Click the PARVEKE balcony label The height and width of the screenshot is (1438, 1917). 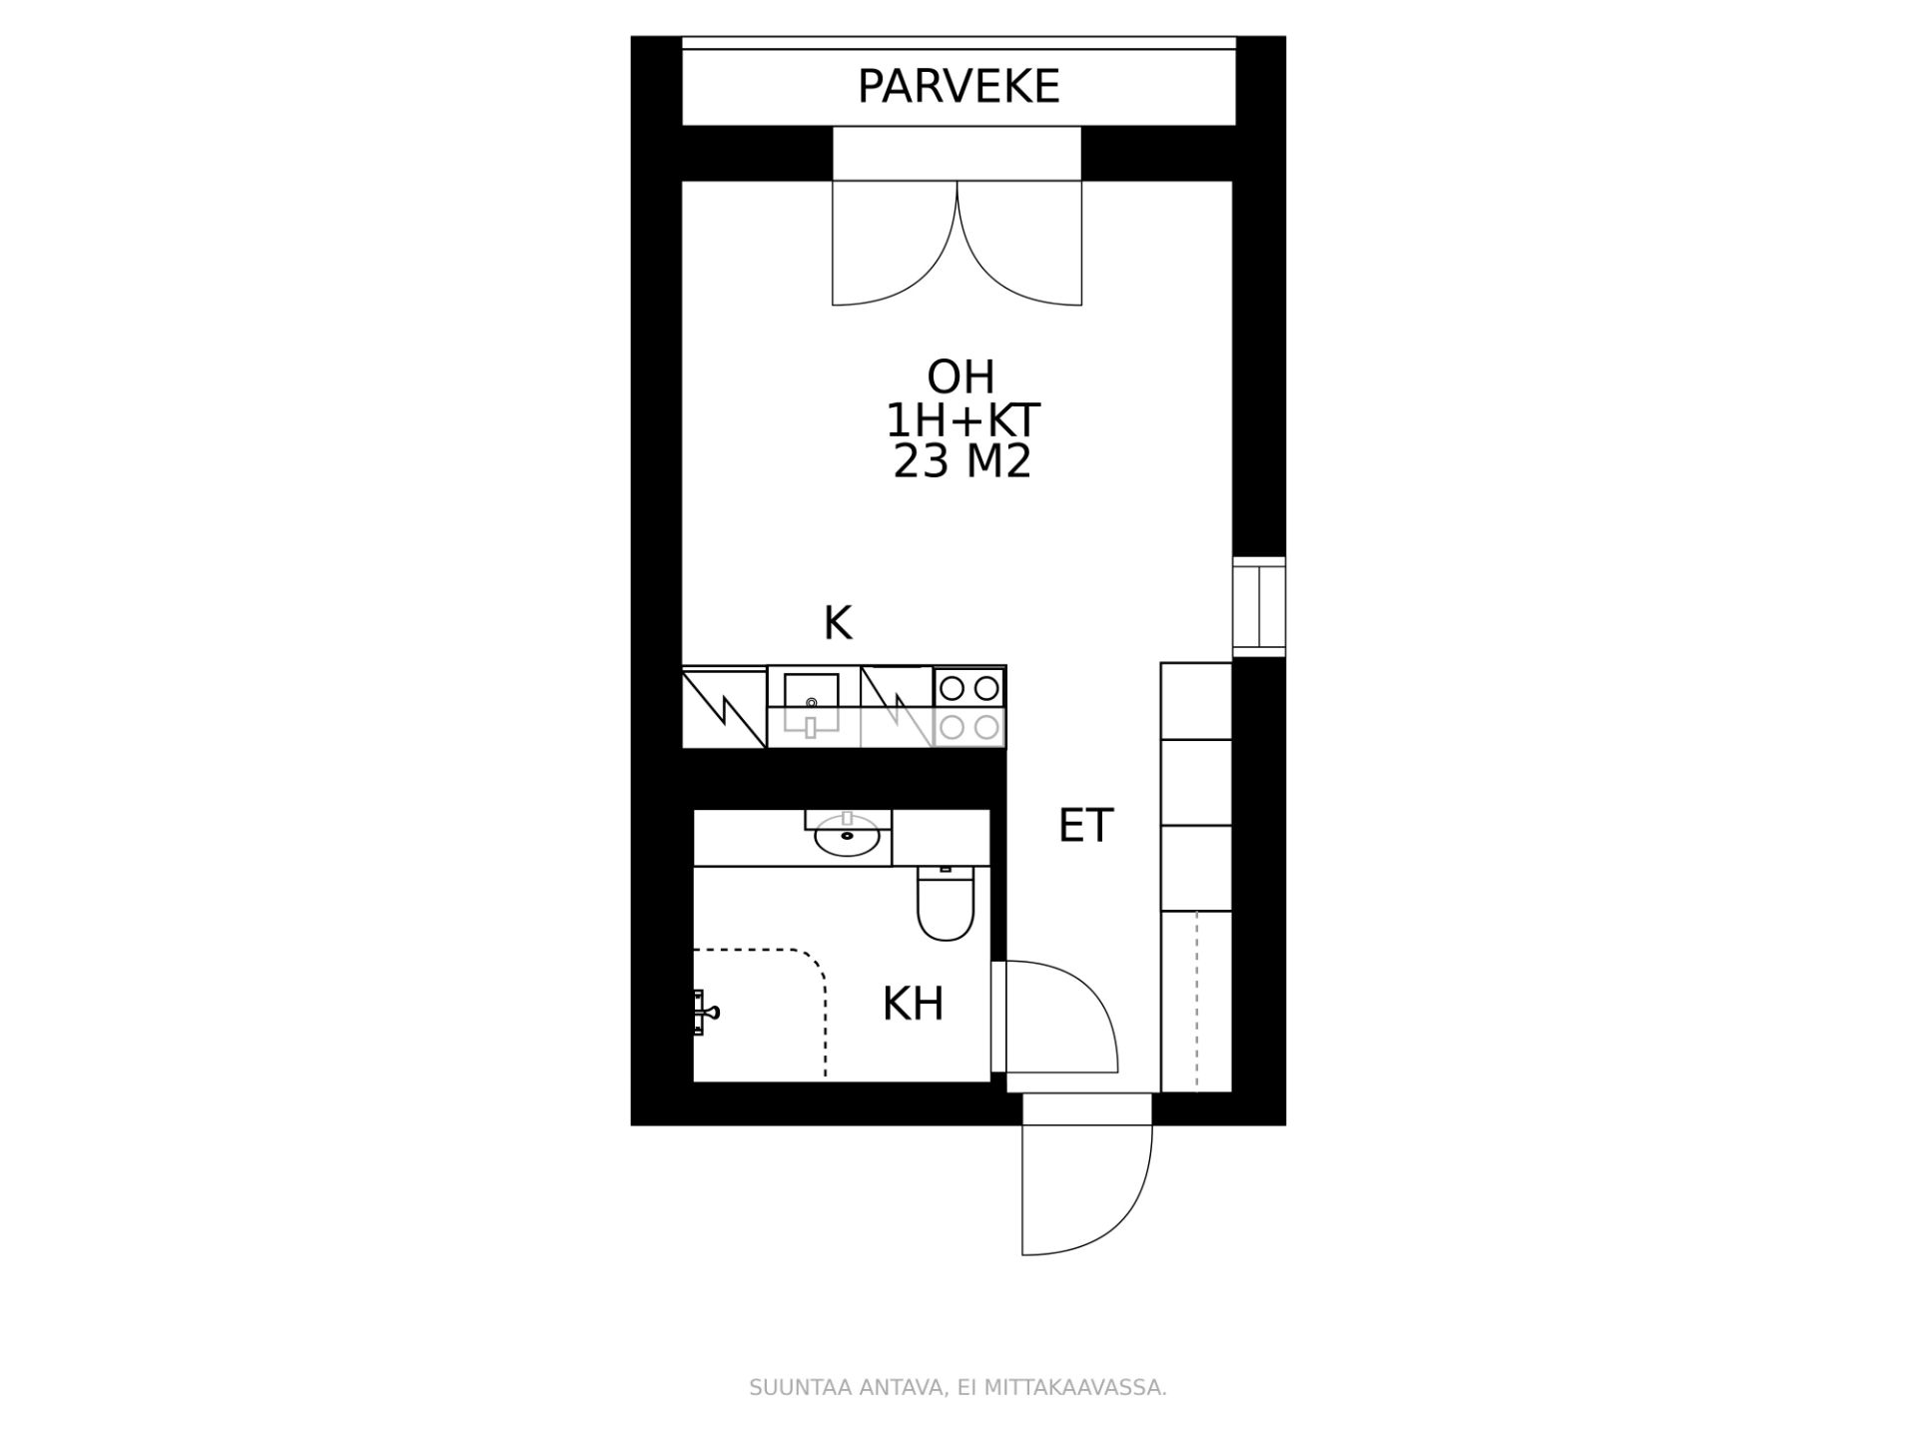pos(958,87)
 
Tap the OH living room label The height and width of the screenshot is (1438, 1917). pos(961,377)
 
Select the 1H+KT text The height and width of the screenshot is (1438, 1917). pos(962,421)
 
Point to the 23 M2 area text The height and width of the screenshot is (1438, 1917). pos(961,462)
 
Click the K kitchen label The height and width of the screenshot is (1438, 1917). pos(838,624)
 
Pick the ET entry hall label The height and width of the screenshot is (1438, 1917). pos(1085,826)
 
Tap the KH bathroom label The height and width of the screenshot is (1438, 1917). pos(913,1004)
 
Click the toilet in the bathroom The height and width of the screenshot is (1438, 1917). pos(946,903)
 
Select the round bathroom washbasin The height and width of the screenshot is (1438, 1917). pos(848,835)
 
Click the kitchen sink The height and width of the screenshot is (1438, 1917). pos(811,705)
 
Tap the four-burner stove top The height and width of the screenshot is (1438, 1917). pos(969,707)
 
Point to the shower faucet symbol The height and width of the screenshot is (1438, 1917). pos(705,1013)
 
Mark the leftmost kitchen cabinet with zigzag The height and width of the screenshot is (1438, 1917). pos(724,708)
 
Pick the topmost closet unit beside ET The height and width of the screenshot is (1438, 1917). pos(1196,700)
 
